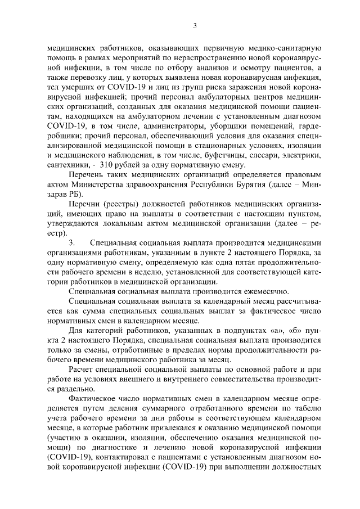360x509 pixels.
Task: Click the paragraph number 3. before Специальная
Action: click(71, 242)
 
